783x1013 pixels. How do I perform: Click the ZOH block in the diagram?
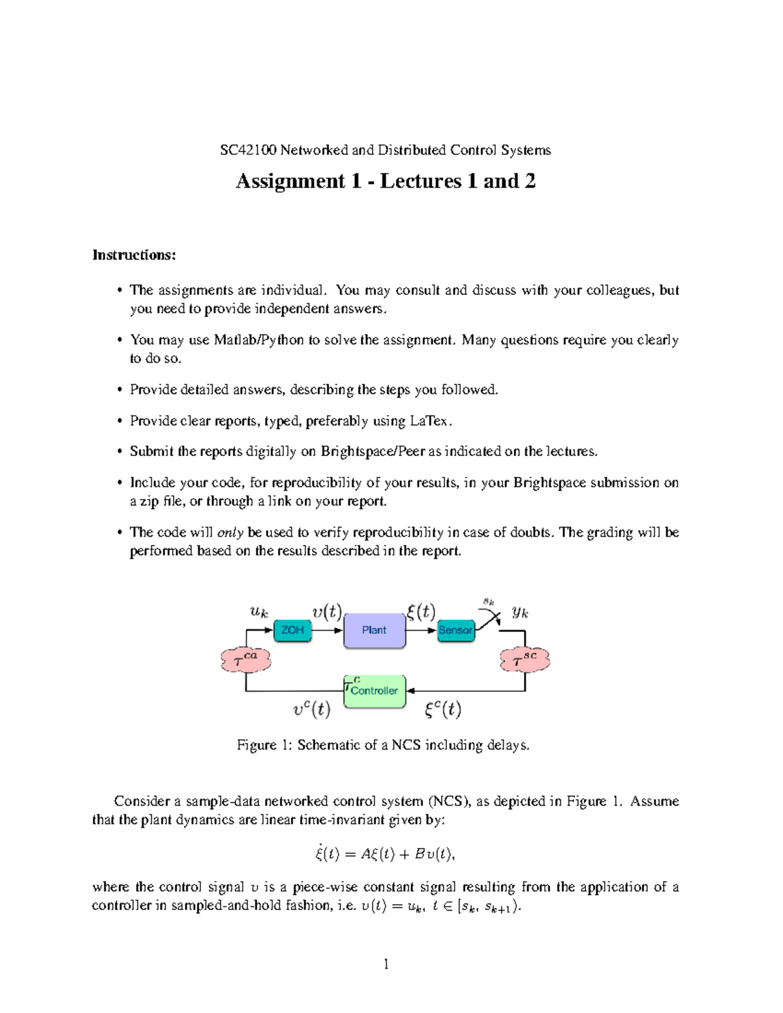click(292, 630)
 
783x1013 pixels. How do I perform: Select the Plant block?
click(375, 630)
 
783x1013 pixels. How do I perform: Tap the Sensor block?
click(455, 630)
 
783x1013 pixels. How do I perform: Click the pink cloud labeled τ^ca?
click(245, 660)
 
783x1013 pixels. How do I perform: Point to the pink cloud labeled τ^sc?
click(525, 660)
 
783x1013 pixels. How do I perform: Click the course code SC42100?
click(248, 151)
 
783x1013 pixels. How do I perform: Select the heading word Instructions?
click(134, 255)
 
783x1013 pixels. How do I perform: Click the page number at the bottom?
click(386, 964)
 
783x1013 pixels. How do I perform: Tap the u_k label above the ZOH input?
click(259, 612)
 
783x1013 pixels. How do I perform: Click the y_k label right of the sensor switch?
click(520, 612)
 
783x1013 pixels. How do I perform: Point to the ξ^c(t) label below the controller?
click(443, 709)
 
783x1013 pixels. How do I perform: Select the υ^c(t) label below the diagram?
click(312, 709)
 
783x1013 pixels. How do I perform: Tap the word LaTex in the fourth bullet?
click(429, 421)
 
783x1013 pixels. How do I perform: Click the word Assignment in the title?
click(290, 181)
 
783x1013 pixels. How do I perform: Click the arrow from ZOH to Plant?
click(328, 631)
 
